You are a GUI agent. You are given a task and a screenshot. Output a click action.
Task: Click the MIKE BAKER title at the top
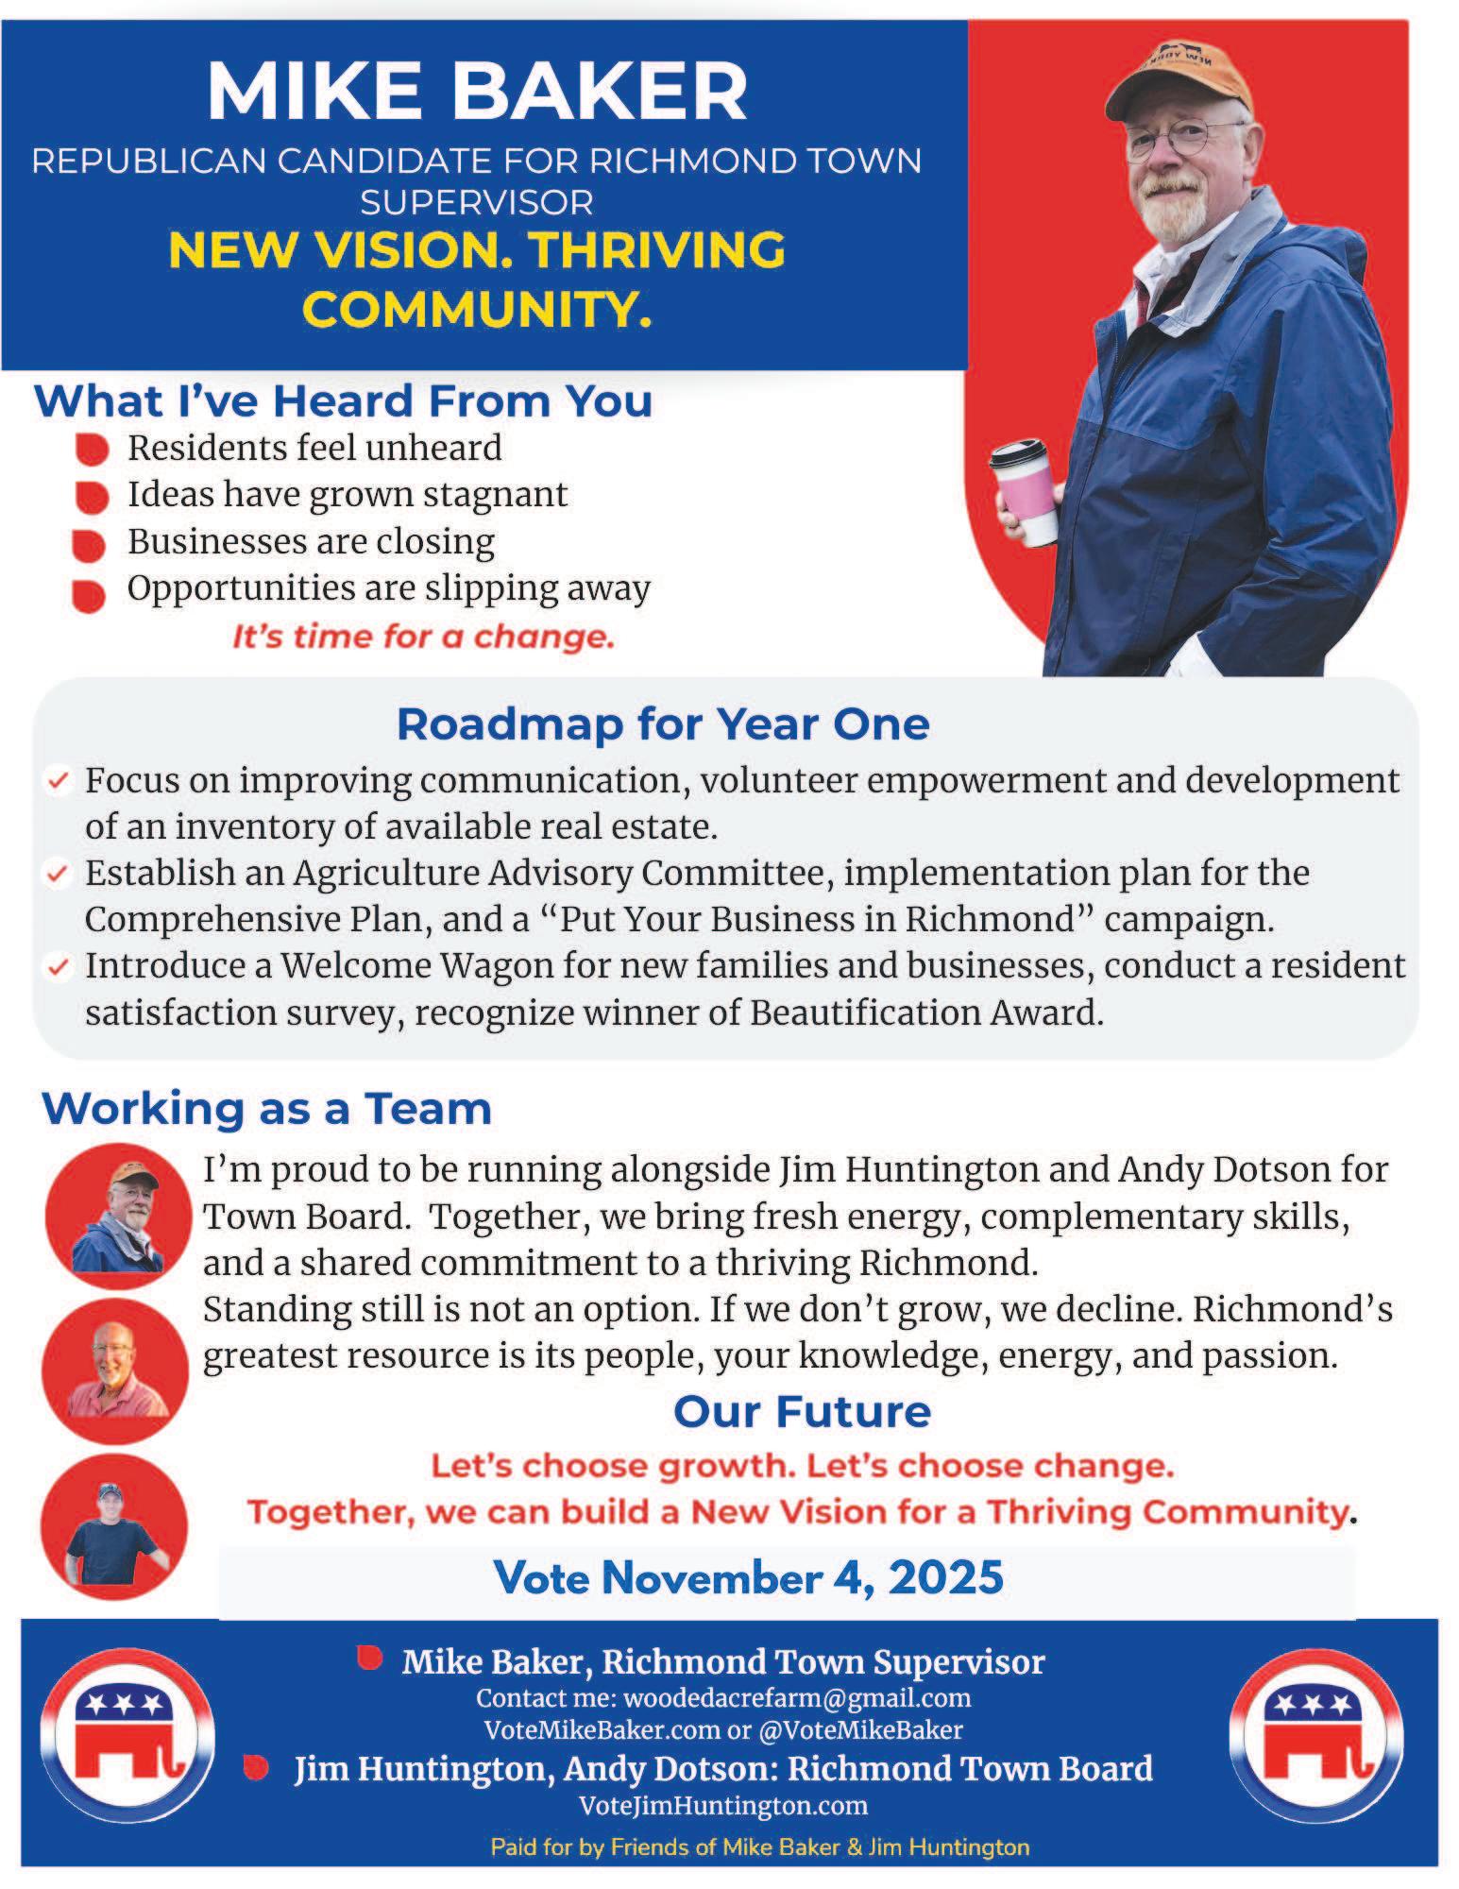[x=477, y=91]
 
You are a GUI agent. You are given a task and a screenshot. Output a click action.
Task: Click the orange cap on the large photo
[x=1180, y=76]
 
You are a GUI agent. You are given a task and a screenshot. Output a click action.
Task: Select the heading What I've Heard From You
[x=343, y=401]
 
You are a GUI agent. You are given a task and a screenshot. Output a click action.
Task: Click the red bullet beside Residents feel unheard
[x=92, y=450]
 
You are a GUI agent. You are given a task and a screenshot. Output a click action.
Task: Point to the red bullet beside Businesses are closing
[x=89, y=545]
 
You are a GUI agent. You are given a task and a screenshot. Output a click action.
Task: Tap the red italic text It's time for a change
[x=423, y=637]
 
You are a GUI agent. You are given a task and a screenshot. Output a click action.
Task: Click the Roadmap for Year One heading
[x=663, y=724]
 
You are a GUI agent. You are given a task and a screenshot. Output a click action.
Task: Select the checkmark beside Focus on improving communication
[x=59, y=781]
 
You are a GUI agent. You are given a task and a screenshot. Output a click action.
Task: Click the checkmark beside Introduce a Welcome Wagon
[x=59, y=967]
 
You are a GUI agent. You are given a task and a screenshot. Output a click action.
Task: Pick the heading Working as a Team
[x=266, y=1108]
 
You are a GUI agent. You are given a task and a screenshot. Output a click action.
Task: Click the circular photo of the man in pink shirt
[x=115, y=1370]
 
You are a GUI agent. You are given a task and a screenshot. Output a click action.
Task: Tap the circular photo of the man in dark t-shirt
[x=113, y=1526]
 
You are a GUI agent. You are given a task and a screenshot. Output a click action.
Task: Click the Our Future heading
[x=802, y=1411]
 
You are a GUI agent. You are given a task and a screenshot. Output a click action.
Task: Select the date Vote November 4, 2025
[x=748, y=1577]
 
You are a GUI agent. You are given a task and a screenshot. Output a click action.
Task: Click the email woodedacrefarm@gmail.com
[x=797, y=1698]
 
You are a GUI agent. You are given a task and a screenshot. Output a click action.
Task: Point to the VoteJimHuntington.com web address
[x=722, y=1805]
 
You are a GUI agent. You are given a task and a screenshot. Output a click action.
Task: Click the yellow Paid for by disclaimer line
[x=759, y=1846]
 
